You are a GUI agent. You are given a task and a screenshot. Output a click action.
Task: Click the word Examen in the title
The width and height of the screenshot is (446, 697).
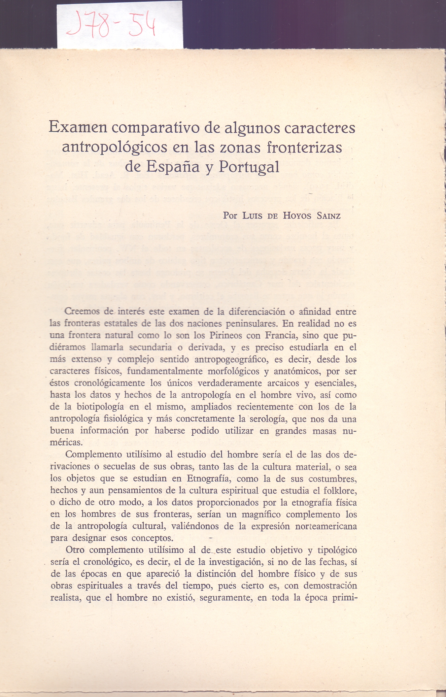click(78, 127)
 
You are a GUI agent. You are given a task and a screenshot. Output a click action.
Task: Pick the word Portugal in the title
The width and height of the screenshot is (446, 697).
click(249, 167)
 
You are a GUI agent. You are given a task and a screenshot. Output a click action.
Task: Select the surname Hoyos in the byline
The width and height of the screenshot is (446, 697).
click(297, 216)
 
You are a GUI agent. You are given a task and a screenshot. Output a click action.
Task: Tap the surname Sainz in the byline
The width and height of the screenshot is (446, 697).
click(328, 216)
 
